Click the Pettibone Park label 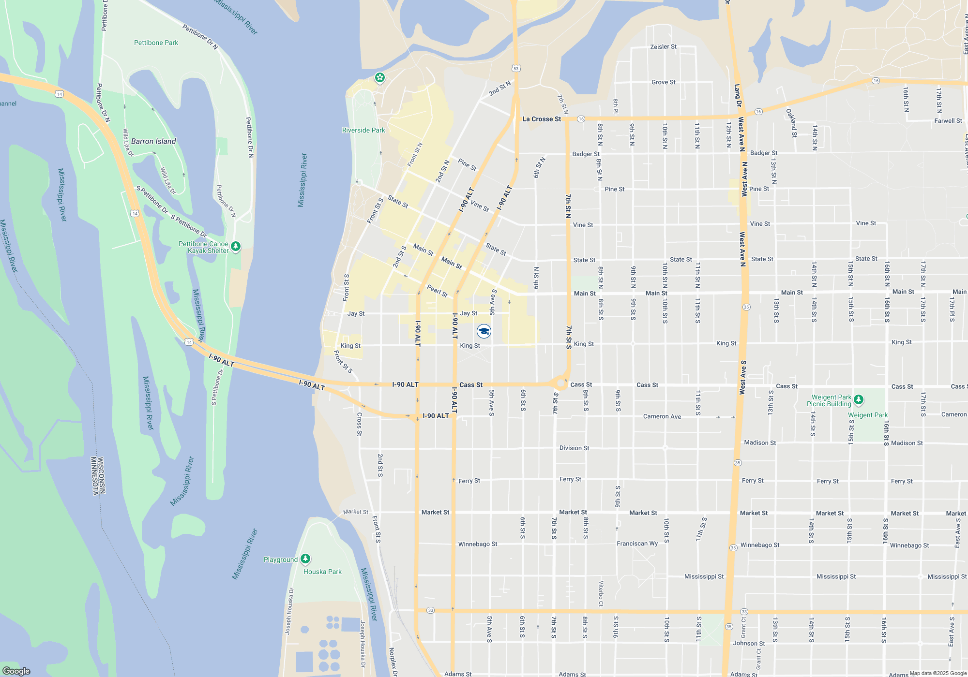156,43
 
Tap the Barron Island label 153,141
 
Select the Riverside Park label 363,130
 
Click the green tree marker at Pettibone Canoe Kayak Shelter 236,247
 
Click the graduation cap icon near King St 484,331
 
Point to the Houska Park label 322,572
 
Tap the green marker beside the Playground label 305,559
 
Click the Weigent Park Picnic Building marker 859,399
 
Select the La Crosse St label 542,119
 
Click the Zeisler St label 663,47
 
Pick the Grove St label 663,82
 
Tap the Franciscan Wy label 637,544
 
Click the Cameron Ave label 662,416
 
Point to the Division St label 574,448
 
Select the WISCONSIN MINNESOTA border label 98,476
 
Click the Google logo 16,671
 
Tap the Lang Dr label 737,96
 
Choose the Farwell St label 948,121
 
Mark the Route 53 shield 516,68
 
